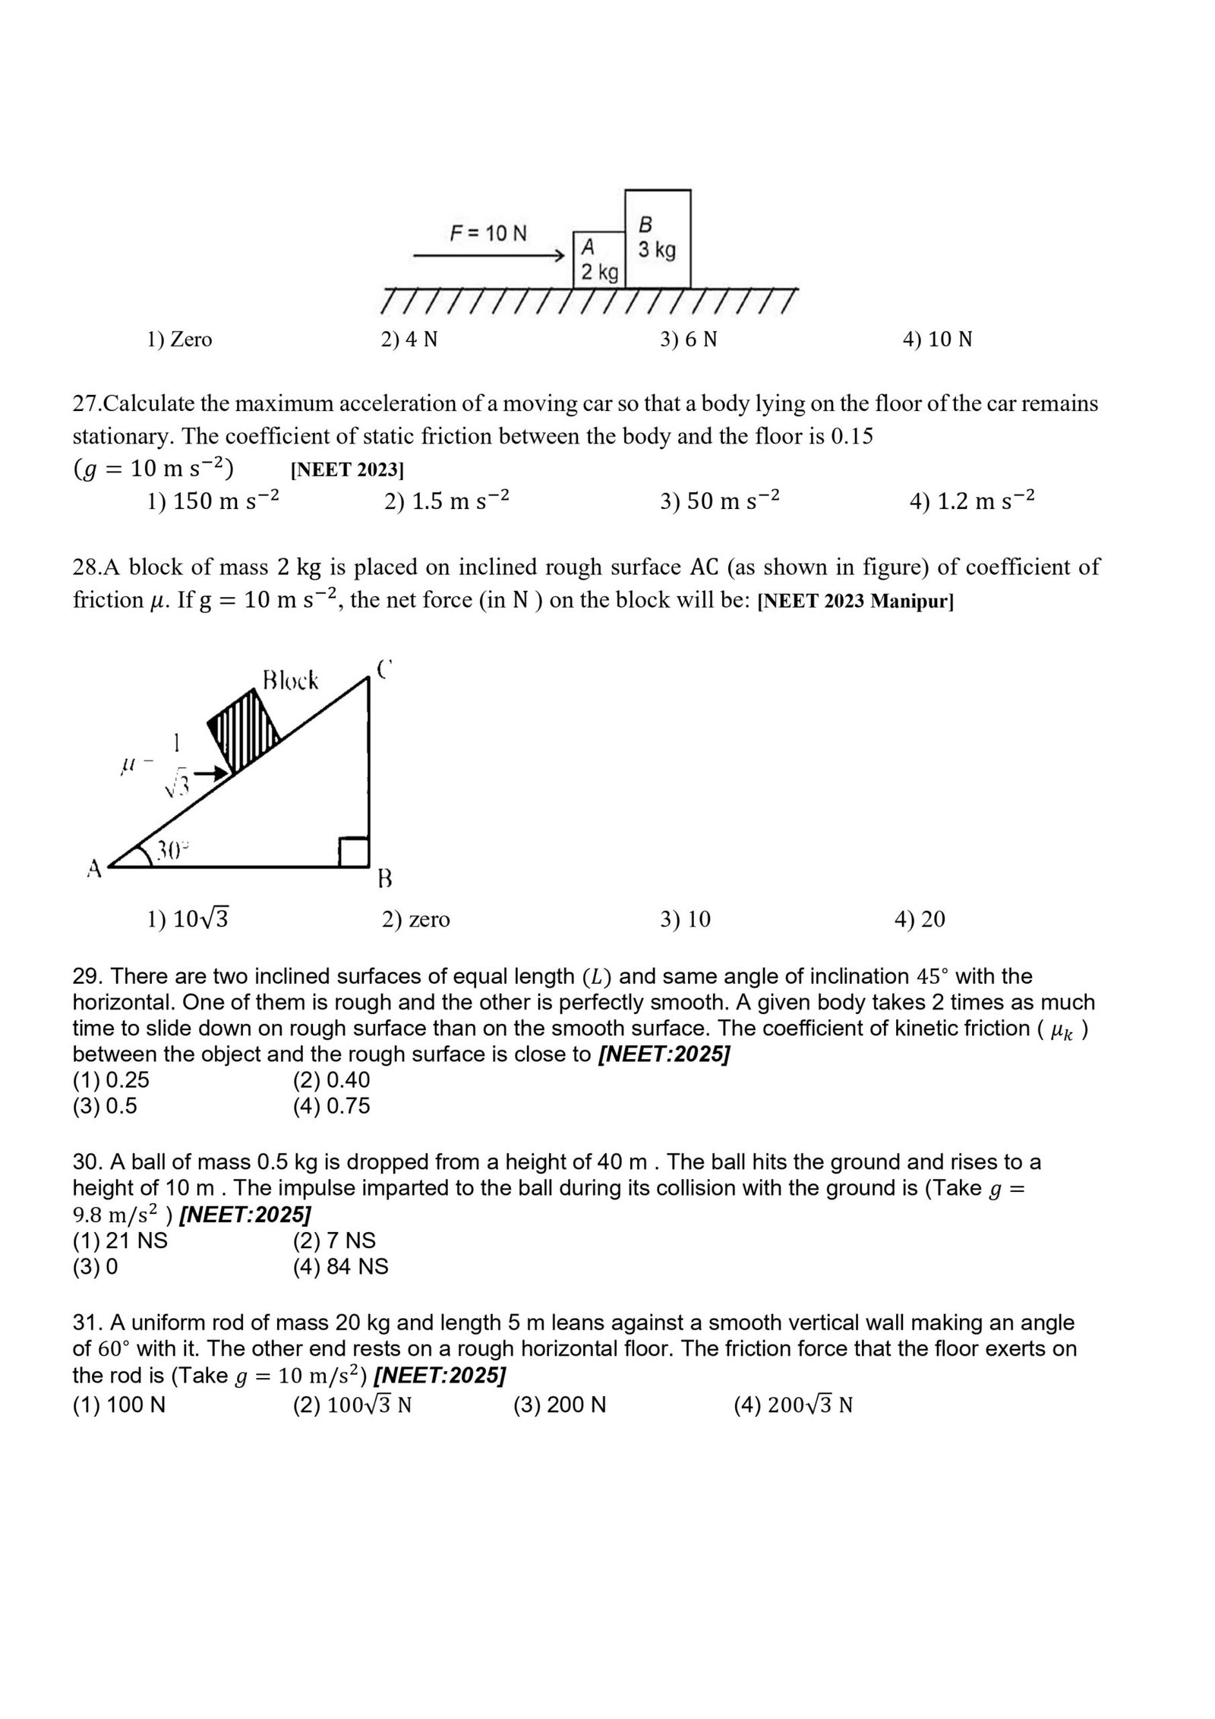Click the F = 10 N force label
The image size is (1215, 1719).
(488, 232)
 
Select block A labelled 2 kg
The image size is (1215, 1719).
(598, 260)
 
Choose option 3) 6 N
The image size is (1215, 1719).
(688, 339)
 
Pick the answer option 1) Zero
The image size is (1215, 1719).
(179, 339)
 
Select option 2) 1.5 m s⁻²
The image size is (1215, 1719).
(446, 501)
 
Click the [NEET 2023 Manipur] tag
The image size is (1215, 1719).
(856, 602)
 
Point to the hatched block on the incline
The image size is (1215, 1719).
(244, 730)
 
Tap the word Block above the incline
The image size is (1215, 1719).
(290, 680)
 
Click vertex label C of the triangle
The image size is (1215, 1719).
(384, 669)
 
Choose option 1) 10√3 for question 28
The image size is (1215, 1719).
(188, 919)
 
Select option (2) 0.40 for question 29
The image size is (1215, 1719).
(332, 1079)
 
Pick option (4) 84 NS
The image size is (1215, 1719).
(340, 1266)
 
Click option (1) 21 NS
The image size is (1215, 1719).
(120, 1240)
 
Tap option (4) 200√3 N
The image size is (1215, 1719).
(793, 1405)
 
